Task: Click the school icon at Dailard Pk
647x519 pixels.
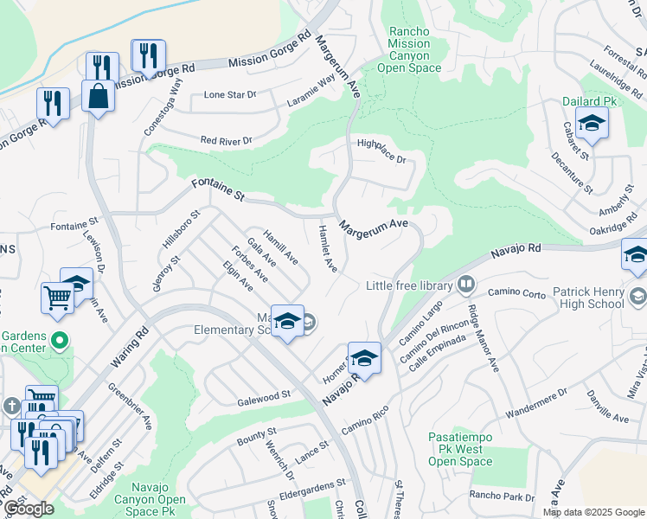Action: point(592,124)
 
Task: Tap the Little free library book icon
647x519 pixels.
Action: point(466,284)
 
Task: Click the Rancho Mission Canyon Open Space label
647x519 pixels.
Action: point(409,49)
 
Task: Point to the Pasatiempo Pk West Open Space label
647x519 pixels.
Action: point(460,450)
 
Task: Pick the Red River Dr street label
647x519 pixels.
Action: point(226,140)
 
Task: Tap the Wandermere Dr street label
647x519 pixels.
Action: point(536,399)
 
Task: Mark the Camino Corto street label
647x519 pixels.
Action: point(516,293)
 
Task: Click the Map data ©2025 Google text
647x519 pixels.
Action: point(593,512)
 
